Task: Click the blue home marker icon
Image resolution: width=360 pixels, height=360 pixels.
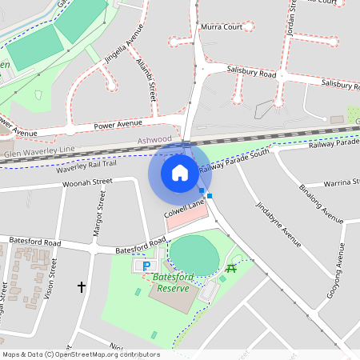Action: point(180,172)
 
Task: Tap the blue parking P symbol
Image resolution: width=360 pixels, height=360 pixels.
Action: point(146,265)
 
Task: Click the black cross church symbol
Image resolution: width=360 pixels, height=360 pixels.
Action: point(81,286)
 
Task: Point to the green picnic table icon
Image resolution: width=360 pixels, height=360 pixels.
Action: point(232,267)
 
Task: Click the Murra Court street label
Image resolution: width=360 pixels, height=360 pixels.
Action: point(222,26)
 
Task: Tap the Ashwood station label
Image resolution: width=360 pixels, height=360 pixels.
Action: point(154,139)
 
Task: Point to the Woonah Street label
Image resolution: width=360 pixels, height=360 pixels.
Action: point(88,183)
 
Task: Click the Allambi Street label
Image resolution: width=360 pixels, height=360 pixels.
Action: point(145,81)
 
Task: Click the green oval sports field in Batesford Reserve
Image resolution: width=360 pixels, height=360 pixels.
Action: point(194,254)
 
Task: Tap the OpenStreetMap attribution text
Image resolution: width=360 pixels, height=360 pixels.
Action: point(80,354)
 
